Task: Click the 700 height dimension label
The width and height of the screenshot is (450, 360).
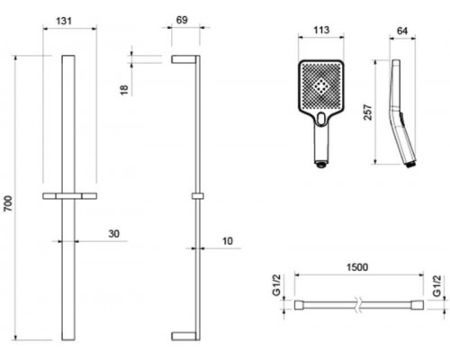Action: (x=8, y=203)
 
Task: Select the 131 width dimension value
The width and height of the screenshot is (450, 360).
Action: (x=64, y=21)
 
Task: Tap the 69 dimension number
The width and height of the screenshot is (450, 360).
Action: (x=182, y=20)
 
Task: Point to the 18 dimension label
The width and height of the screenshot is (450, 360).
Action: (x=124, y=90)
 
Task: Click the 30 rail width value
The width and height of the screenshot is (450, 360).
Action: (x=113, y=234)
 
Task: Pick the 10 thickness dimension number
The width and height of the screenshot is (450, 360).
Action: (x=228, y=241)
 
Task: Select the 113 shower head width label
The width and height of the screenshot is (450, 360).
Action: (x=321, y=30)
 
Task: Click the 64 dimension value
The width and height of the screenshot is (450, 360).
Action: (x=402, y=31)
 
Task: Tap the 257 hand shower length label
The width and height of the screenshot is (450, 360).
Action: (x=368, y=112)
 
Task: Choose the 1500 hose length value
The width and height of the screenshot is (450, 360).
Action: (x=357, y=267)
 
